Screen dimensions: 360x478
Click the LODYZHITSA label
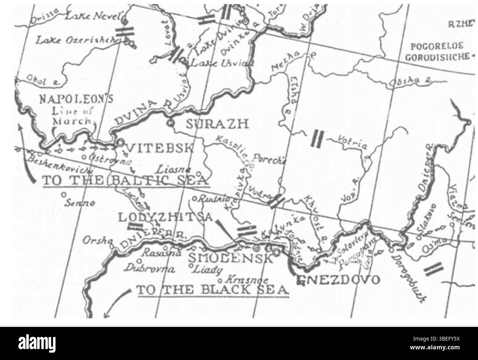(165, 217)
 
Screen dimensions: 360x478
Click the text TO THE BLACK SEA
(213, 289)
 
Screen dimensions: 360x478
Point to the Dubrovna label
(149, 269)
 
